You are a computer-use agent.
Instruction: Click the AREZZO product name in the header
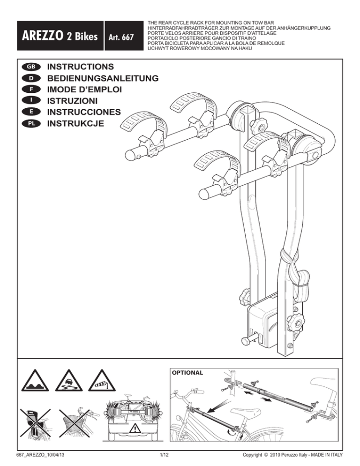[x=42, y=36]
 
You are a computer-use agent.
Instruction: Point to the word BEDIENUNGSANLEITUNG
[x=103, y=78]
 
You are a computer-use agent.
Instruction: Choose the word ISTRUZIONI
[x=72, y=101]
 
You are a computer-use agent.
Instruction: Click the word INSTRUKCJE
[x=75, y=123]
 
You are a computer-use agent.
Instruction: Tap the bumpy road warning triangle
[x=35, y=381]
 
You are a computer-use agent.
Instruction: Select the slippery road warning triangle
[x=68, y=381]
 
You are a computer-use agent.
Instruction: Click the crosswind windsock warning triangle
[x=102, y=381]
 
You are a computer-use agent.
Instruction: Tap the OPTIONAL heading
[x=187, y=373]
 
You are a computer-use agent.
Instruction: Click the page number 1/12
[x=164, y=455]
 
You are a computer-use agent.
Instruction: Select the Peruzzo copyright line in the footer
[x=292, y=455]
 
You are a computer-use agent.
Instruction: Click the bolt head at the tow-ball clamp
[x=245, y=341]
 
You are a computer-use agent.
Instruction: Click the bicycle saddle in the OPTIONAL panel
[x=246, y=413]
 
